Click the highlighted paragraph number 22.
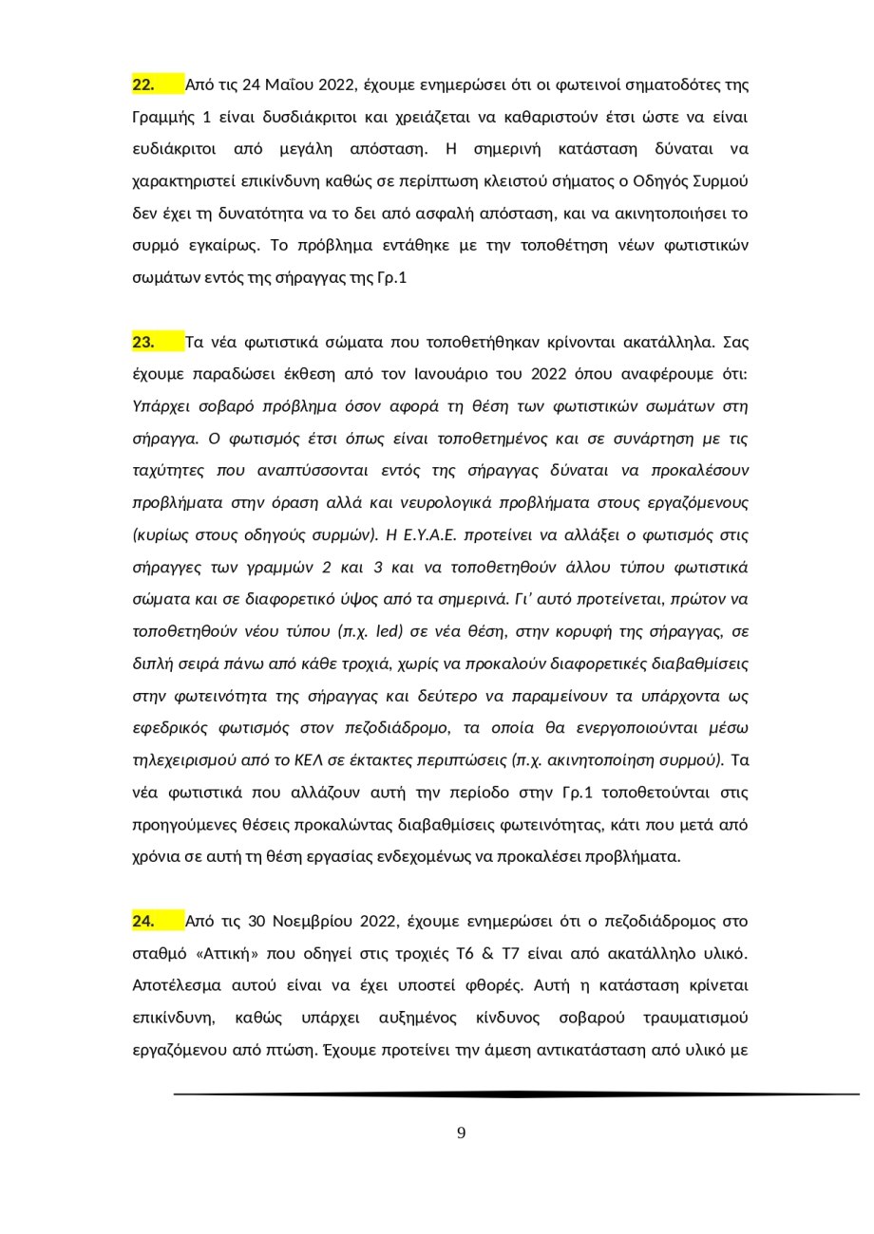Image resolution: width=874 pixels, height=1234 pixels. point(143,85)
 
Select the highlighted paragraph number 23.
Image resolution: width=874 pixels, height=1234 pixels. point(143,343)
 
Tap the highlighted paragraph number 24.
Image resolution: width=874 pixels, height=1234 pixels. point(143,922)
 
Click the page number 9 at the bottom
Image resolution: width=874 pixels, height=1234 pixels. point(462,1133)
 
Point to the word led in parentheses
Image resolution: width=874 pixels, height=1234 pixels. point(392,631)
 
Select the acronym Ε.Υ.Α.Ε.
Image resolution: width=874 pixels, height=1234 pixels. point(426,535)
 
